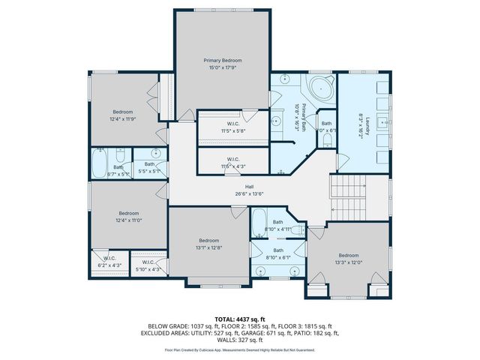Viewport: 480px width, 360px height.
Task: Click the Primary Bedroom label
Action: click(223, 60)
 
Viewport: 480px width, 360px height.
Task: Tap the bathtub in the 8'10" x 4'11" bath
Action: click(258, 223)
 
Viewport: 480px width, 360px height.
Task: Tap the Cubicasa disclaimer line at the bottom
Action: click(240, 349)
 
